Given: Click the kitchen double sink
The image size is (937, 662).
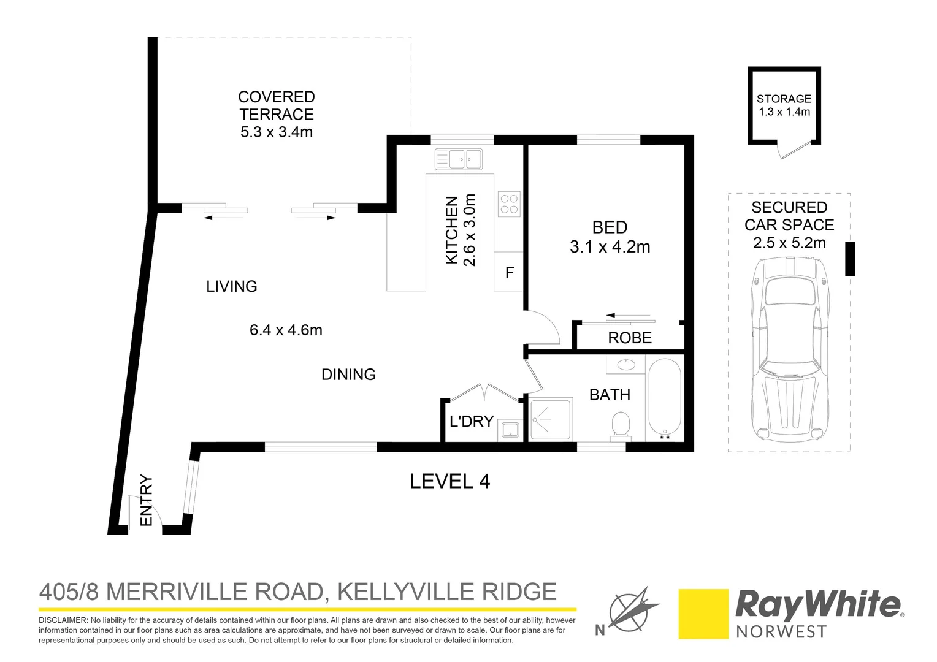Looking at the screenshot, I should (459, 159).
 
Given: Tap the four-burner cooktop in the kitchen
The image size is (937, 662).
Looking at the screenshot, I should (509, 204).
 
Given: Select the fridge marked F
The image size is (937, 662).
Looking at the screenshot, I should (509, 273).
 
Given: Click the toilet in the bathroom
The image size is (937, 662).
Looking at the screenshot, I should (621, 425).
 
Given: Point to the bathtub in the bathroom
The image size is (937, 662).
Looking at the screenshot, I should (665, 398).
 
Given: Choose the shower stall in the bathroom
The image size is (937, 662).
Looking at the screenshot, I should (551, 420).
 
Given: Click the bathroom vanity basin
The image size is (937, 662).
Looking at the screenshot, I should (625, 365).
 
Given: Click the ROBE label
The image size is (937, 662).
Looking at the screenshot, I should (630, 338).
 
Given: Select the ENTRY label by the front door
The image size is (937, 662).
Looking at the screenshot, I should (146, 500).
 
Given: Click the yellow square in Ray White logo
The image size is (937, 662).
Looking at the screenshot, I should (703, 614).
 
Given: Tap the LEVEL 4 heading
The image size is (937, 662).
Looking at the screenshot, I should (449, 482).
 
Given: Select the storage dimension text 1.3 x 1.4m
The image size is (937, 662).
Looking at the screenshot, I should (784, 112).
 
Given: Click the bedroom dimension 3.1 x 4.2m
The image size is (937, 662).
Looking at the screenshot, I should (610, 247).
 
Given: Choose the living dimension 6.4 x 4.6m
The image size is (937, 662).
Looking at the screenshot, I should (286, 330).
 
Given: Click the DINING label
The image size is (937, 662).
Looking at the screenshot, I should (348, 375).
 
